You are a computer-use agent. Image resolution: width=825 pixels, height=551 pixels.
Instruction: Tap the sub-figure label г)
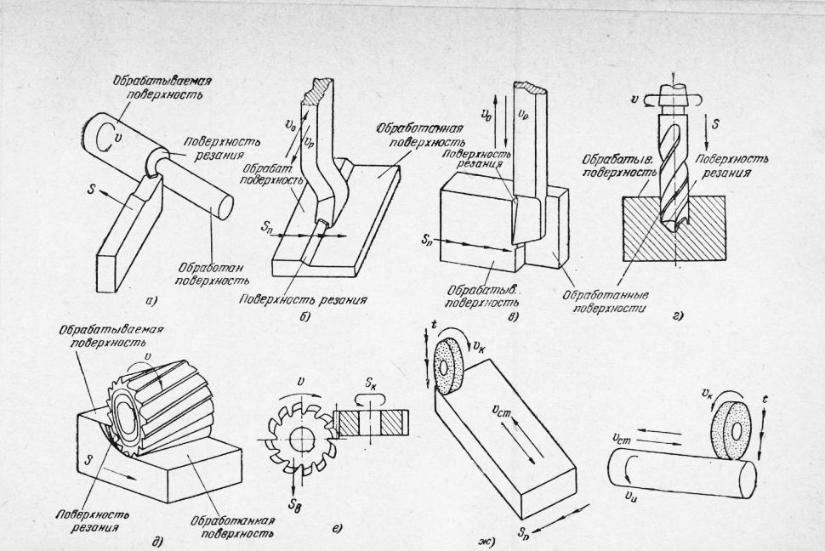pyautogui.click(x=680, y=315)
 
